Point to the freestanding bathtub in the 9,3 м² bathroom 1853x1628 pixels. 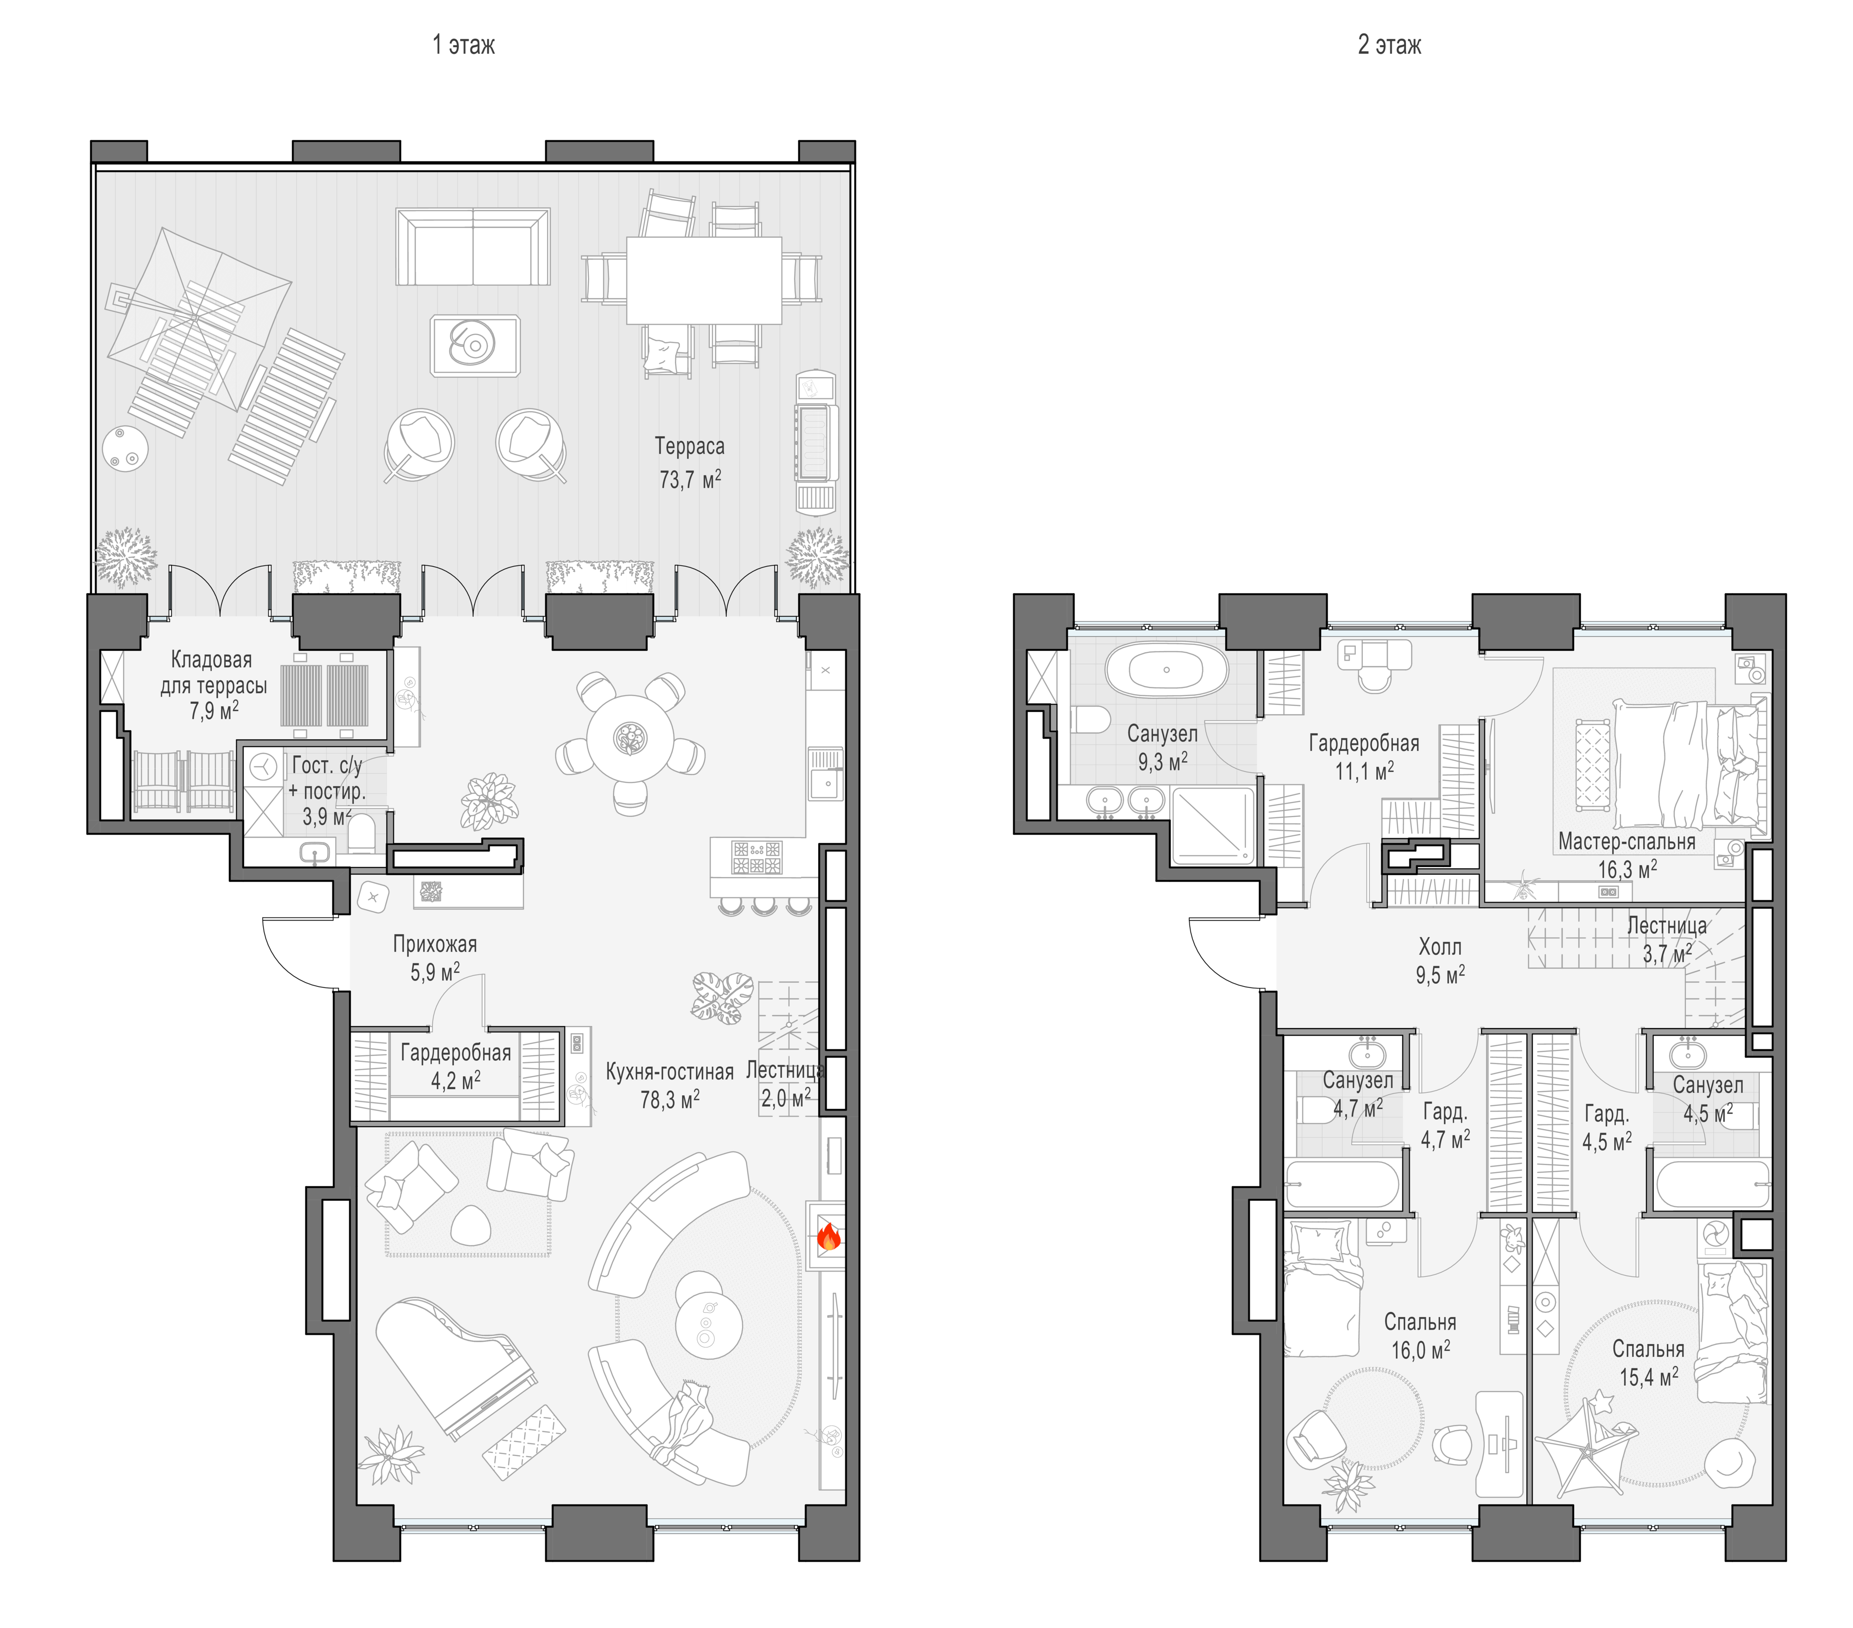pos(1166,671)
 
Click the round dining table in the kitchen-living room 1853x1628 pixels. pos(629,738)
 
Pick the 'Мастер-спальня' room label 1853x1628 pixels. pos(1626,841)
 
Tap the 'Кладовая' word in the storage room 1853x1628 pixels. pos(211,660)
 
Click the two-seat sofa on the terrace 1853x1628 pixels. pos(473,246)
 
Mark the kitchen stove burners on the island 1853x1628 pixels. pos(757,858)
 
